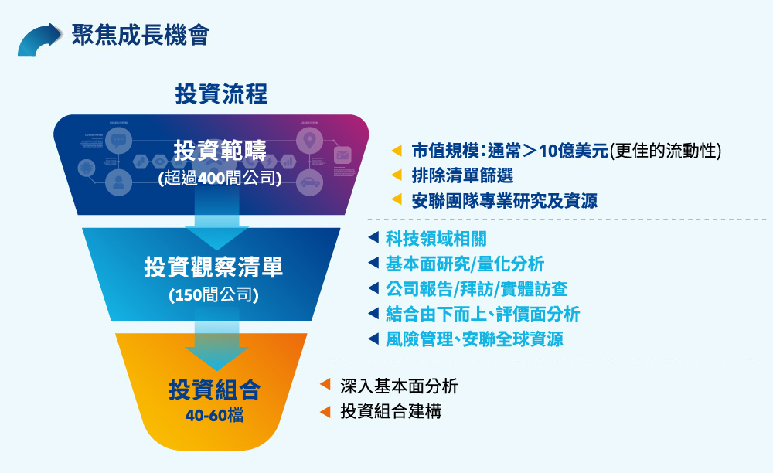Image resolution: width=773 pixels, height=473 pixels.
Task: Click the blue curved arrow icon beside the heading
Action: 39,39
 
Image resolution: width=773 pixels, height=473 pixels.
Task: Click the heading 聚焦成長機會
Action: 140,36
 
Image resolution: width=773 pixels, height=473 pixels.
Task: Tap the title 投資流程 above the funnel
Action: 221,95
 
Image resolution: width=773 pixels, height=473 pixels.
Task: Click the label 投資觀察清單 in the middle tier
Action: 213,267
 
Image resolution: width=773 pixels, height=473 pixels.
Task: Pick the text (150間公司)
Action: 213,295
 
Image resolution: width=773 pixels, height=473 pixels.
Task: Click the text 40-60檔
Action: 214,415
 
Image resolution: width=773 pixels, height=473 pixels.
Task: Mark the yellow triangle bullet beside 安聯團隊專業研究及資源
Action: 397,200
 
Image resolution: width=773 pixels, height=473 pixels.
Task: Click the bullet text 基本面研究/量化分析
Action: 465,264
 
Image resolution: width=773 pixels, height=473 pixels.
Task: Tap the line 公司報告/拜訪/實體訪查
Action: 476,288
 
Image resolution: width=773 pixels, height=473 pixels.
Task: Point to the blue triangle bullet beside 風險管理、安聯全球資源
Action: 373,339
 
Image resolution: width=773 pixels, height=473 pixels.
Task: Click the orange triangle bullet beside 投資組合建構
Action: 325,411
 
